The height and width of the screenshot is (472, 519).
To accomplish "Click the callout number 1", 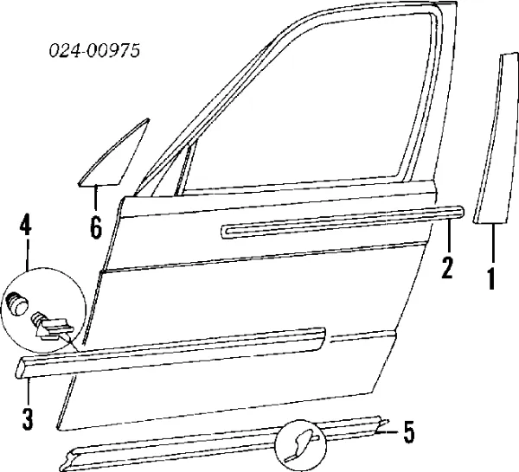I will [x=491, y=279].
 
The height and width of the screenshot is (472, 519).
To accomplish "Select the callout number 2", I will [x=447, y=268].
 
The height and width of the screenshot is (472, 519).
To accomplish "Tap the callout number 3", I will [x=28, y=419].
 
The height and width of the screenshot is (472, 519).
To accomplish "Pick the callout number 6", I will [x=95, y=228].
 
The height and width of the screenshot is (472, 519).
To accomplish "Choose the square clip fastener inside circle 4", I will [x=54, y=328].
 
